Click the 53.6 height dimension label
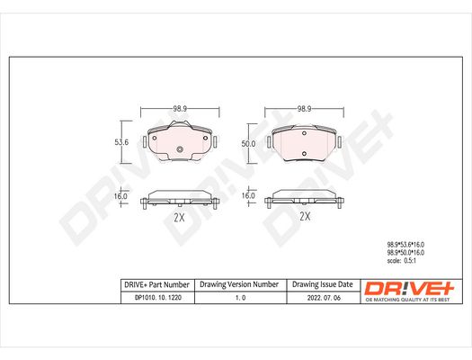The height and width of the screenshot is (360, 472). [x=121, y=142]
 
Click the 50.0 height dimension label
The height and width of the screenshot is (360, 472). [x=248, y=144]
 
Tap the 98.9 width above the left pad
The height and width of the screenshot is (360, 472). [x=180, y=109]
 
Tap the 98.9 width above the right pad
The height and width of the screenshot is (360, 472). [x=305, y=109]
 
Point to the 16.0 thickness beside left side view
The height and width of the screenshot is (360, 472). [x=120, y=196]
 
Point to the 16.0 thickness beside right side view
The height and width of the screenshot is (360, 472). [x=248, y=196]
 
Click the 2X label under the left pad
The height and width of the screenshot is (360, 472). [x=179, y=217]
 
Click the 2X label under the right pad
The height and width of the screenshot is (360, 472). [x=305, y=216]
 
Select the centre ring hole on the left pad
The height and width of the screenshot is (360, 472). [x=180, y=149]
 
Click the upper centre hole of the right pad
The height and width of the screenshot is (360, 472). [x=304, y=133]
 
